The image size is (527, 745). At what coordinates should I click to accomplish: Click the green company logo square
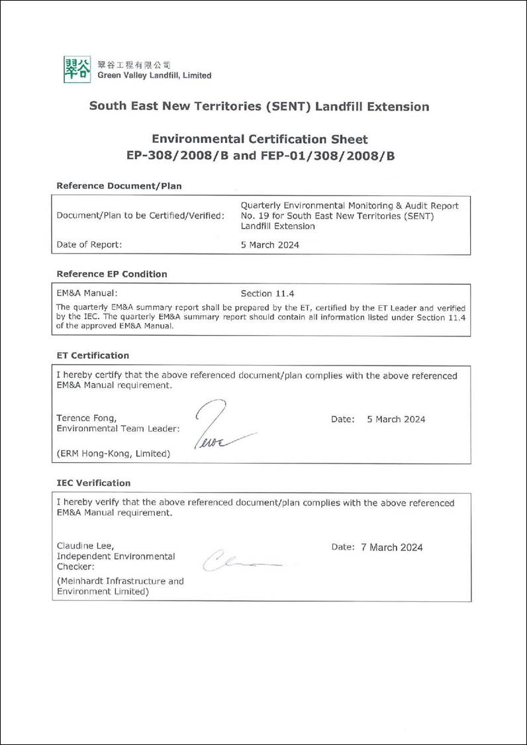tap(77, 70)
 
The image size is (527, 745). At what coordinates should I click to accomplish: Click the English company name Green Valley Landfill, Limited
tap(154, 75)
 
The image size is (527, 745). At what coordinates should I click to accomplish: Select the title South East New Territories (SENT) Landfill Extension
tap(259, 107)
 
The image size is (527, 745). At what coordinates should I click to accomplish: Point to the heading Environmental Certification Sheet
tap(260, 139)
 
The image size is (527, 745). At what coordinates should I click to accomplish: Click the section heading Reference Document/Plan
tap(119, 186)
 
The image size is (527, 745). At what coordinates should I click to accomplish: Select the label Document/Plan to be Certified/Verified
tap(140, 215)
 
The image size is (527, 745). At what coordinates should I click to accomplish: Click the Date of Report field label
tap(89, 244)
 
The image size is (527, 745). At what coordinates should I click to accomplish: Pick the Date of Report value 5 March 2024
tap(269, 244)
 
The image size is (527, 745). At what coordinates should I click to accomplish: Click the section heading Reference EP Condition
tap(112, 274)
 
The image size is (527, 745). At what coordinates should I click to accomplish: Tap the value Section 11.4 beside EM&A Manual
tap(265, 293)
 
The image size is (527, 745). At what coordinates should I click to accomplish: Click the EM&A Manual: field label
tap(87, 293)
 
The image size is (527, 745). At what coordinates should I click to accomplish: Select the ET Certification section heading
tap(93, 356)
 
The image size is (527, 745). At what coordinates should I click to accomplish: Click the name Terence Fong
tap(87, 419)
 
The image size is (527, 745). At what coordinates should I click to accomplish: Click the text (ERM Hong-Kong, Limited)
tap(113, 454)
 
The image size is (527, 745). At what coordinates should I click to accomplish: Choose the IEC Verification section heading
tap(93, 483)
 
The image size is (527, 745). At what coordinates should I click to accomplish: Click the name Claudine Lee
tap(85, 546)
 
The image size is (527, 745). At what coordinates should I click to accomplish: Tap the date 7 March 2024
tap(391, 547)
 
